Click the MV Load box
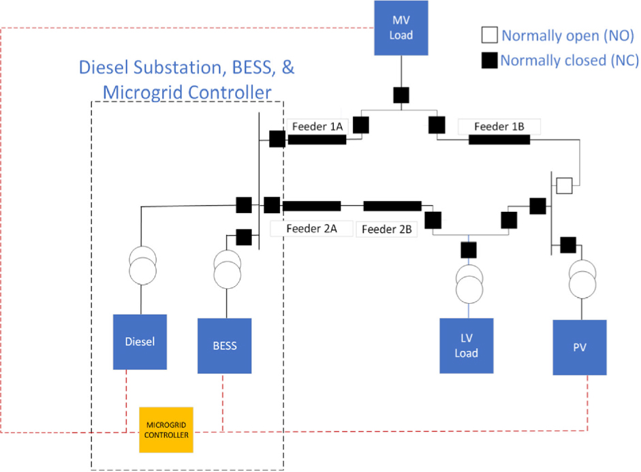pyautogui.click(x=401, y=28)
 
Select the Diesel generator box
pyautogui.click(x=140, y=342)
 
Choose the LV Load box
pyautogui.click(x=467, y=345)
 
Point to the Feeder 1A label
pyautogui.click(x=317, y=127)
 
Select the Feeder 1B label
pyautogui.click(x=499, y=127)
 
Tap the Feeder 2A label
pyautogui.click(x=311, y=229)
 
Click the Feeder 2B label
pyautogui.click(x=386, y=230)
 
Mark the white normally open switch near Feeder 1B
pyautogui.click(x=564, y=185)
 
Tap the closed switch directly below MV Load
pyautogui.click(x=401, y=94)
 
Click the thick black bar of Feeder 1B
pyautogui.click(x=499, y=140)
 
